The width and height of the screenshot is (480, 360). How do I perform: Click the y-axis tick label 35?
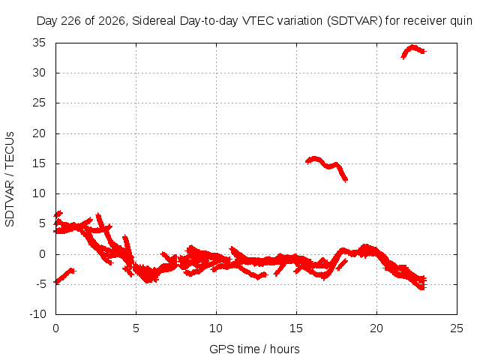(39, 43)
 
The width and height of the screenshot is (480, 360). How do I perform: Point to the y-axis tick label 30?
(39, 73)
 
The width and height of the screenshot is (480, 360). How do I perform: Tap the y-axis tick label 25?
(39, 103)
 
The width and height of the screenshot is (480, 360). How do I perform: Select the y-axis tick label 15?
(39, 163)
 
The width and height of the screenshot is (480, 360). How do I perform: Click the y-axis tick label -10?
(38, 314)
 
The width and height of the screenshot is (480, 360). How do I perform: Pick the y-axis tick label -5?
(40, 284)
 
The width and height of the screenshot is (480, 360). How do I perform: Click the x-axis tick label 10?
(216, 328)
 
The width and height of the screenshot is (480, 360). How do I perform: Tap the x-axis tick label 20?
(376, 328)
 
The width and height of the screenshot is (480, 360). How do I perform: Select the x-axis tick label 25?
(457, 328)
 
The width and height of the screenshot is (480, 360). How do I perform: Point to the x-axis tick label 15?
(296, 328)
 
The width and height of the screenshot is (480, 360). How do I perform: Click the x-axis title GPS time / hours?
(254, 349)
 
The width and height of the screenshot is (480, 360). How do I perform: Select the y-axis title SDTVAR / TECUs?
(10, 179)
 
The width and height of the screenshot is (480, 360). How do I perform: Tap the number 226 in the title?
(71, 21)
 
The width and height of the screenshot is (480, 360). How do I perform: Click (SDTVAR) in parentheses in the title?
(355, 21)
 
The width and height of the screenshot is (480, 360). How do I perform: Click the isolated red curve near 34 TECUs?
(413, 49)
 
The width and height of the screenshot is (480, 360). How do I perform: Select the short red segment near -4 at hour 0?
(64, 276)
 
